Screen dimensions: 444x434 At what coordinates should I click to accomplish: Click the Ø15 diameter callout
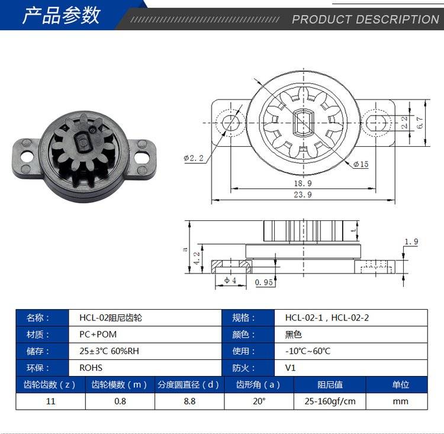(x=361, y=164)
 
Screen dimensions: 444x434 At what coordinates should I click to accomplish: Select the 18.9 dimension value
(x=303, y=184)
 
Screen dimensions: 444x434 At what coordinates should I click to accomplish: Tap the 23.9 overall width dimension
(x=303, y=195)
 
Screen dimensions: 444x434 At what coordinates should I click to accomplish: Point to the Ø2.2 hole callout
(x=194, y=158)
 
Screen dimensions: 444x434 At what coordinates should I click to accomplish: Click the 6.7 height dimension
(x=420, y=123)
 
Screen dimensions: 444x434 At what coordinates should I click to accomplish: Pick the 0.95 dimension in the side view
(x=263, y=282)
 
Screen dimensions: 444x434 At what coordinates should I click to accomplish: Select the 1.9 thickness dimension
(x=411, y=242)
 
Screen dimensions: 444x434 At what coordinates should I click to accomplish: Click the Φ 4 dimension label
(x=230, y=281)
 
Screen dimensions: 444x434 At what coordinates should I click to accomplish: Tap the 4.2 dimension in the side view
(x=197, y=258)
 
